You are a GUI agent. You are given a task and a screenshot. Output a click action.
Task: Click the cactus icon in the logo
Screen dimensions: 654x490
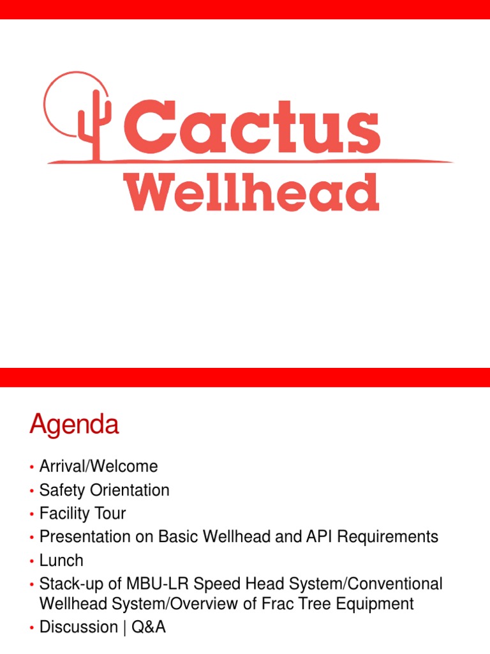(93, 125)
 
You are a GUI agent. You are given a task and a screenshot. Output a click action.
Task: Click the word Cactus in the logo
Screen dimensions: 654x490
(251, 125)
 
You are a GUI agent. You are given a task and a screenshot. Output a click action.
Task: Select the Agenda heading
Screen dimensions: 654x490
(74, 425)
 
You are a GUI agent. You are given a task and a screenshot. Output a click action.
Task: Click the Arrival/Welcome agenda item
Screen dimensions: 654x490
(98, 467)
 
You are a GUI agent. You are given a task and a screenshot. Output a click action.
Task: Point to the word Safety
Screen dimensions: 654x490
(61, 490)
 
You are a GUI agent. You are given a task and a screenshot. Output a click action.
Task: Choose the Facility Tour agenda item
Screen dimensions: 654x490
(82, 513)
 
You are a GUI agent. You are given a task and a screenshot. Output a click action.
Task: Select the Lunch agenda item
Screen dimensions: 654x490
(61, 561)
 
